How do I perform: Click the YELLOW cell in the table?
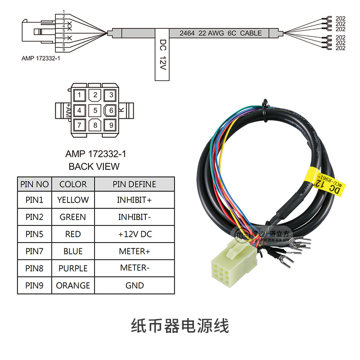click(x=73, y=200)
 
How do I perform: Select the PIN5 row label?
click(x=34, y=234)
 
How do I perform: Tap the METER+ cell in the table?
click(x=135, y=251)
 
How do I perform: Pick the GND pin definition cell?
click(x=135, y=285)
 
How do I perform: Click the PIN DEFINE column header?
click(x=135, y=184)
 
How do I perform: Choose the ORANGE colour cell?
click(x=73, y=285)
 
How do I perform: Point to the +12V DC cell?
click(x=135, y=234)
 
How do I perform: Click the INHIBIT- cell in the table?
click(x=135, y=217)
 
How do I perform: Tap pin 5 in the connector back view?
click(x=95, y=110)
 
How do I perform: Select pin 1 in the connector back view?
click(x=79, y=95)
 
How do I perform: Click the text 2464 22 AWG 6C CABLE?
click(x=220, y=33)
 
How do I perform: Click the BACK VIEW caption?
click(x=94, y=166)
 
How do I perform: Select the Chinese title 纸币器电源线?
click(x=180, y=325)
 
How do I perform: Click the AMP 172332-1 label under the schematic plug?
click(x=41, y=58)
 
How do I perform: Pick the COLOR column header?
click(x=73, y=184)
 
